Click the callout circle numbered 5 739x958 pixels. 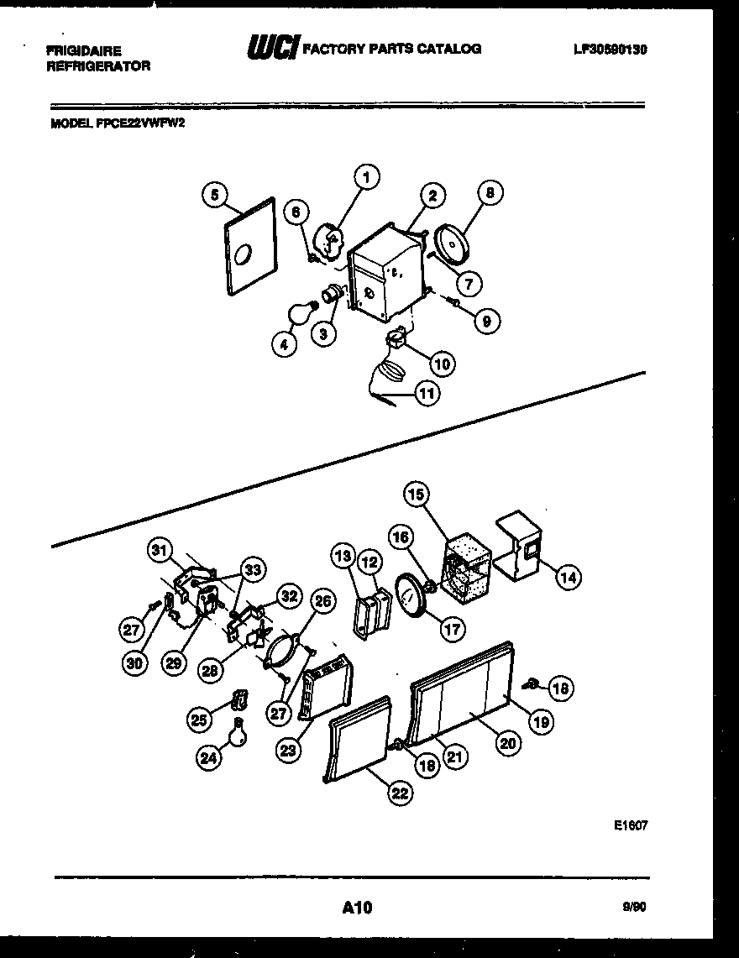pos(215,196)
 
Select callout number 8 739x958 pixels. pos(490,192)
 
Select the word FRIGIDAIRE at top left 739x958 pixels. pos(84,51)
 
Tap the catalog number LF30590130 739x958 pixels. pos(610,50)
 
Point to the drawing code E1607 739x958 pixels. pos(631,825)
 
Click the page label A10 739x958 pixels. pos(357,907)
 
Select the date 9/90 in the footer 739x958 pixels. pos(635,907)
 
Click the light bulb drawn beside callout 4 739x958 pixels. pos(299,313)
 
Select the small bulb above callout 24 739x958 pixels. pos(239,732)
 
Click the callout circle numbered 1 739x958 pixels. pos(365,177)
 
